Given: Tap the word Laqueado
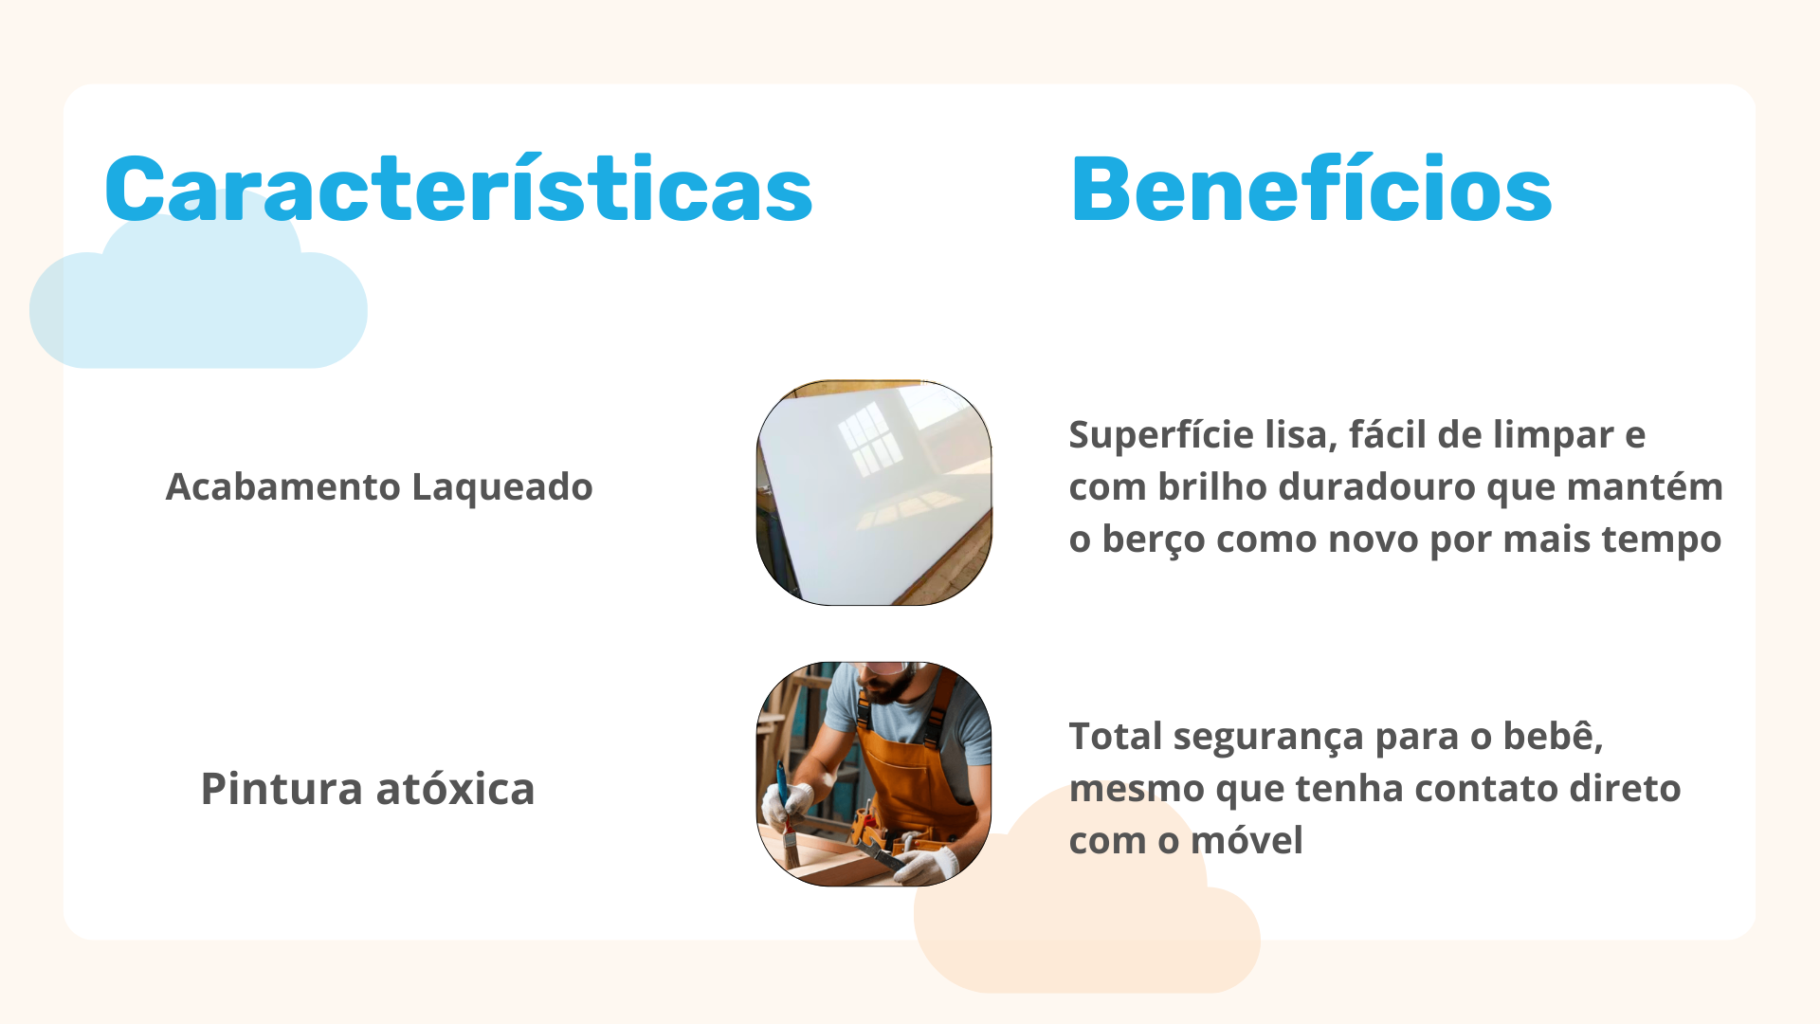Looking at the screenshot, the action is point(502,487).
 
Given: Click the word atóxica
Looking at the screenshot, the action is point(456,789).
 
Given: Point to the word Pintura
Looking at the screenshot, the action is point(282,789).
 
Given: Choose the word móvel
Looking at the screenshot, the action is point(1247,840).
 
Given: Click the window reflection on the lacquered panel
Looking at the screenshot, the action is point(870,438).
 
